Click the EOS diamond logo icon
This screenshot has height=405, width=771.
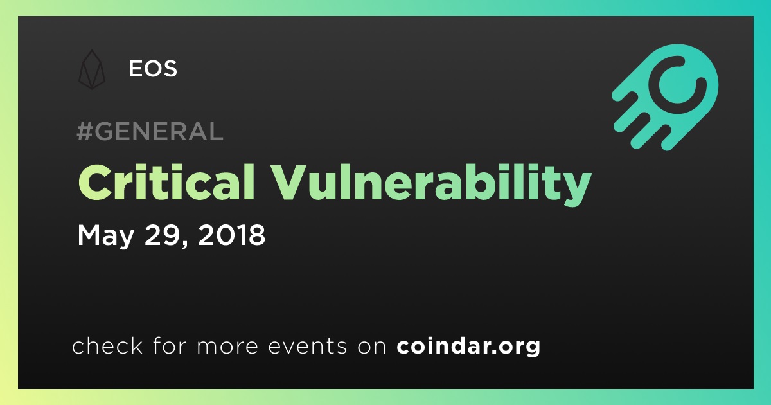click(91, 69)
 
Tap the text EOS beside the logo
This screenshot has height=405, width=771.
click(153, 69)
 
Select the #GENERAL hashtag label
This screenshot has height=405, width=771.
click(150, 131)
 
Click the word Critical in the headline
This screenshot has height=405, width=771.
click(166, 182)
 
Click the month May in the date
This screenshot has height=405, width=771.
click(105, 235)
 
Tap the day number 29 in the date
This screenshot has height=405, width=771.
click(163, 235)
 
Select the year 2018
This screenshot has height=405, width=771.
click(232, 235)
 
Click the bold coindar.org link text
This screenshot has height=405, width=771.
click(468, 346)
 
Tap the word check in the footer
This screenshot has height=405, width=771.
click(107, 345)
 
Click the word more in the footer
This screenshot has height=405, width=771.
click(227, 346)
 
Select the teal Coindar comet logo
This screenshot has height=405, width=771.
click(665, 98)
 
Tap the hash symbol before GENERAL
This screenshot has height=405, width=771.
click(84, 131)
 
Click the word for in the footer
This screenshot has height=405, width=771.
click(170, 345)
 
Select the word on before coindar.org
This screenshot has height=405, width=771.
click(372, 346)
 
